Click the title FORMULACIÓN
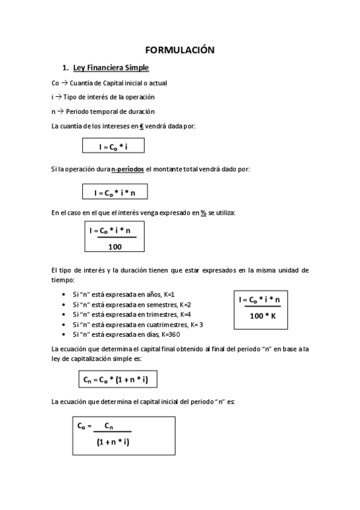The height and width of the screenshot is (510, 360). (180, 51)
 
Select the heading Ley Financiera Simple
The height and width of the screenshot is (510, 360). (111, 67)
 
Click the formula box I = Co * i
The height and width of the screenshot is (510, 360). (114, 146)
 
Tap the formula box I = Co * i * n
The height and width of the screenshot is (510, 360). (114, 192)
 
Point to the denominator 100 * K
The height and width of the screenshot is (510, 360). (263, 315)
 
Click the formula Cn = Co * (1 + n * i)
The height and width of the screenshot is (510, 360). (117, 379)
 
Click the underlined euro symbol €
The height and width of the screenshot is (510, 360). (142, 126)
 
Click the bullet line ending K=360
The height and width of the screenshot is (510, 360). (126, 334)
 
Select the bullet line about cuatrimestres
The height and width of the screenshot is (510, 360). (133, 325)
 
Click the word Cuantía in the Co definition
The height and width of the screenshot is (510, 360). (84, 82)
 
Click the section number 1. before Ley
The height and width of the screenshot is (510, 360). (65, 67)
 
